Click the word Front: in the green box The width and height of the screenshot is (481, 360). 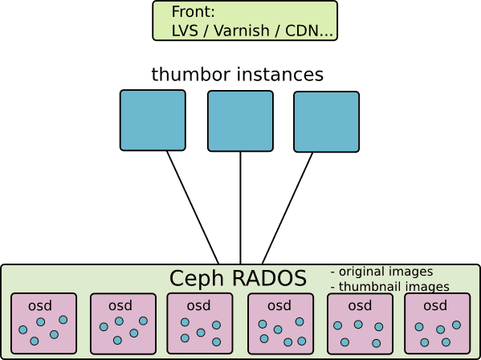click(x=193, y=12)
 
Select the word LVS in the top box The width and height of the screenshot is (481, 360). click(x=185, y=31)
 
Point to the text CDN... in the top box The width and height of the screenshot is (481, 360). click(x=309, y=31)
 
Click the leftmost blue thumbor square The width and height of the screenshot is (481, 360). click(x=153, y=121)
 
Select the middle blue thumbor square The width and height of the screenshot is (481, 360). click(x=241, y=121)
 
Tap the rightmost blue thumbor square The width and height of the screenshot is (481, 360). click(x=326, y=122)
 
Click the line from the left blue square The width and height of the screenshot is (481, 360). click(x=193, y=207)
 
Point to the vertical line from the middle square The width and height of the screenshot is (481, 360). click(x=241, y=208)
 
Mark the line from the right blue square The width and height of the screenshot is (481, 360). click(x=287, y=208)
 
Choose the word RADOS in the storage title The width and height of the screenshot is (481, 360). click(x=269, y=278)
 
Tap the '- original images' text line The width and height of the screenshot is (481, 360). click(x=382, y=272)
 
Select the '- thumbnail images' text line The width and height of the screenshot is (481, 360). click(x=390, y=287)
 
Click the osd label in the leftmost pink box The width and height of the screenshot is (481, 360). click(x=40, y=305)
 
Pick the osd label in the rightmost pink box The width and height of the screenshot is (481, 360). click(x=435, y=305)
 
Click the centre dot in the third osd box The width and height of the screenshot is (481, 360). click(x=201, y=333)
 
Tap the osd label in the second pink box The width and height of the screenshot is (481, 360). click(x=120, y=305)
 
